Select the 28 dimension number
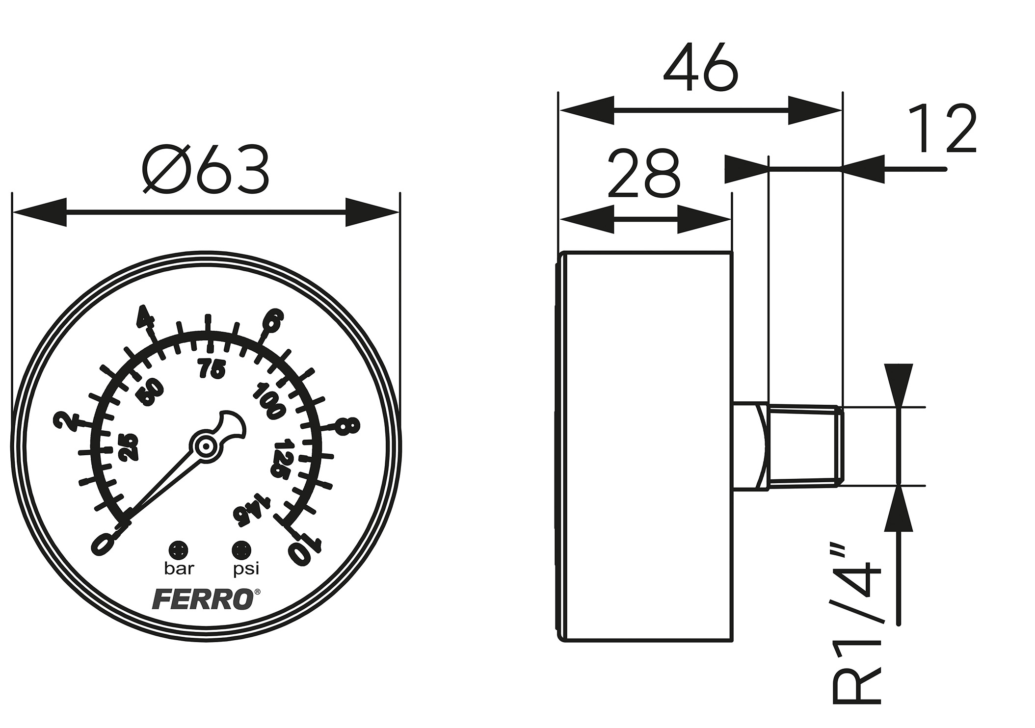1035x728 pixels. coord(643,174)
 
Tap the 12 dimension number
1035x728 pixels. coord(941,129)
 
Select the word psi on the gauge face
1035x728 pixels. coord(245,569)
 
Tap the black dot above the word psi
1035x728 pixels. coord(241,548)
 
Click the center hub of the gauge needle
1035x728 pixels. coord(206,446)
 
